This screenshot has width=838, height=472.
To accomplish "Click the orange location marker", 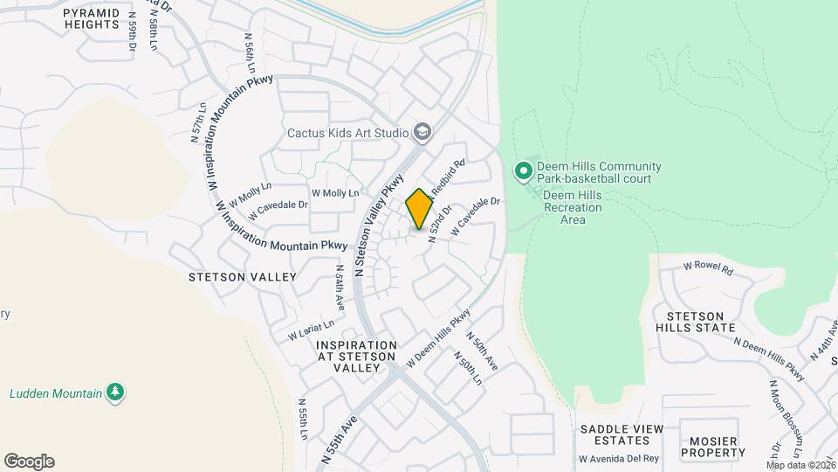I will [x=420, y=208].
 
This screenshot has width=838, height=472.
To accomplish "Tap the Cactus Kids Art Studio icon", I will [x=423, y=132].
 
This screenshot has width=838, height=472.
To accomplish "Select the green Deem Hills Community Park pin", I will [x=524, y=171].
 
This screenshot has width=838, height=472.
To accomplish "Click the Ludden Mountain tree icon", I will [x=114, y=392].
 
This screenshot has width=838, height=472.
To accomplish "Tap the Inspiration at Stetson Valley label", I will [x=349, y=357].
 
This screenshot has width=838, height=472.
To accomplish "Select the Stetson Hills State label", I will [x=695, y=322].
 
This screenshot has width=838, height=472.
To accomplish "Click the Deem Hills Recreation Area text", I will [x=573, y=207].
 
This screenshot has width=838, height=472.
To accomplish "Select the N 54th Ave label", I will [x=340, y=289].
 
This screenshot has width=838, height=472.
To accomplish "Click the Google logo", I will [x=29, y=462].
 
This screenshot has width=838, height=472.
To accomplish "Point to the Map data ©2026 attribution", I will [x=800, y=465].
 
